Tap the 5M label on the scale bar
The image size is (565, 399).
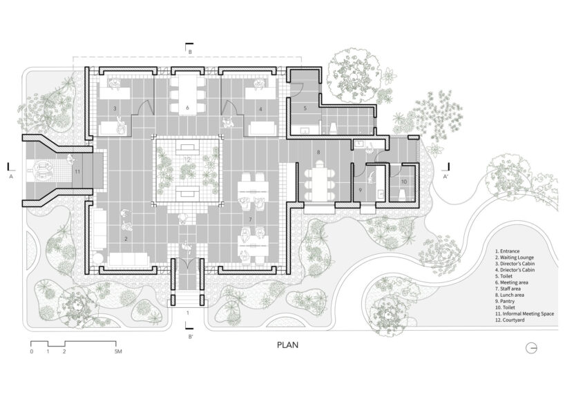click(118, 352)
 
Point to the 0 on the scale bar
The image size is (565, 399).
click(31, 352)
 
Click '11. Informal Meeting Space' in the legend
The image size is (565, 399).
click(524, 313)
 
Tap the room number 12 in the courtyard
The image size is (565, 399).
click(187, 160)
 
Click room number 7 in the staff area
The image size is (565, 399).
click(250, 219)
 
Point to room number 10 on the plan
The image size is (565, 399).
click(405, 182)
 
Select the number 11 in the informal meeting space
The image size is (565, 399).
click(77, 171)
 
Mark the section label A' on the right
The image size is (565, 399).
click(447, 177)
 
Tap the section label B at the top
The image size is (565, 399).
click(189, 52)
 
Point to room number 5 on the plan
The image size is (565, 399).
click(304, 109)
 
